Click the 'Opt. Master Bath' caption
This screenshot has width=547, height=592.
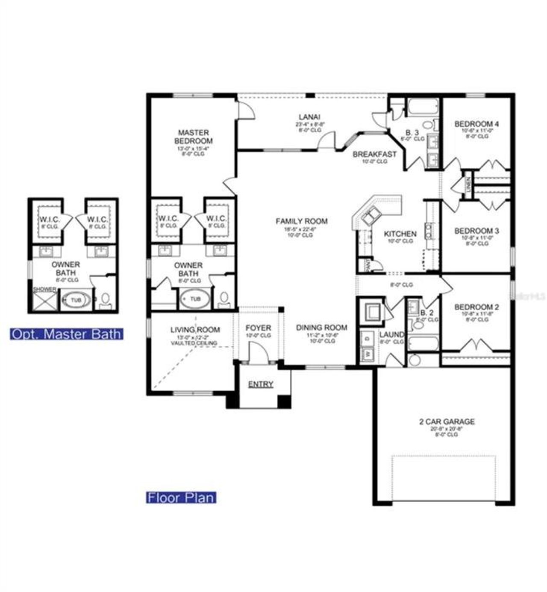click(x=67, y=334)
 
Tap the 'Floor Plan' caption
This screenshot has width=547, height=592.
click(x=181, y=497)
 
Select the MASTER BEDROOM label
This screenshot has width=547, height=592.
click(x=193, y=137)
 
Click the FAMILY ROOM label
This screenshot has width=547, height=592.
click(x=302, y=221)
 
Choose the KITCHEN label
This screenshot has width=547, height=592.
click(x=400, y=234)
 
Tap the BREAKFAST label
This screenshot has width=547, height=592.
click(x=374, y=154)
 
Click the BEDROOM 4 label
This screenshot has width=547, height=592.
click(x=476, y=124)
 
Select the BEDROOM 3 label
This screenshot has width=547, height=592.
click(x=476, y=231)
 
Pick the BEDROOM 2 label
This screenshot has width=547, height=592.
click(x=476, y=307)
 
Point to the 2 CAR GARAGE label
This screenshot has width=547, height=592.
click(x=447, y=422)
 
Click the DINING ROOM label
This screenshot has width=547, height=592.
click(x=322, y=327)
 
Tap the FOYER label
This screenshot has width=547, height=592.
click(x=258, y=328)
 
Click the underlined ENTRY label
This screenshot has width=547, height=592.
click(x=261, y=384)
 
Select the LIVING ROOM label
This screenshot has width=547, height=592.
click(x=195, y=330)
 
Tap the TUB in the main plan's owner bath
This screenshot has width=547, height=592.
click(x=195, y=299)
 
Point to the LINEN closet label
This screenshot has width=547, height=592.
click(x=468, y=185)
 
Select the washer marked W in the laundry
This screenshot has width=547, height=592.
click(x=367, y=354)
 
